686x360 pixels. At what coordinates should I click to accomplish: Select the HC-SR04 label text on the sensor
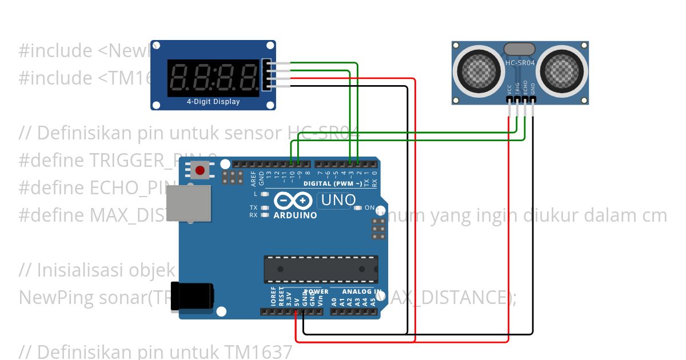[x=520, y=63]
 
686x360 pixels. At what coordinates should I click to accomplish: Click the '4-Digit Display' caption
[x=213, y=102]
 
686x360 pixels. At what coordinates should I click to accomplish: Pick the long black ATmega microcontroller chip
[x=320, y=269]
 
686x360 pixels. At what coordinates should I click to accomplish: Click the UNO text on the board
[x=338, y=201]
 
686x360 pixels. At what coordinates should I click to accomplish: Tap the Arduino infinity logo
[x=293, y=201]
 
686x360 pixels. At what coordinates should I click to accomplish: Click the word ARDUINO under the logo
[x=295, y=215]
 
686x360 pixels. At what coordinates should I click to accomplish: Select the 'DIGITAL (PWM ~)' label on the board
[x=332, y=183]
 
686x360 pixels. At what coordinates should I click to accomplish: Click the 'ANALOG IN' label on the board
[x=362, y=291]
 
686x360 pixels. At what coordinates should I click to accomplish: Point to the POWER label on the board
[x=316, y=291]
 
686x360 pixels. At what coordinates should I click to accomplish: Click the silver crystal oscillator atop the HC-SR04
[x=520, y=49]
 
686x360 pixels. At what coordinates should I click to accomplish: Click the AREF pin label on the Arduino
[x=253, y=178]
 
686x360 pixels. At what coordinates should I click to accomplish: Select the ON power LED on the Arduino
[x=358, y=208]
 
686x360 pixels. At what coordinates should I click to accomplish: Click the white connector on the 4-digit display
[x=266, y=74]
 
